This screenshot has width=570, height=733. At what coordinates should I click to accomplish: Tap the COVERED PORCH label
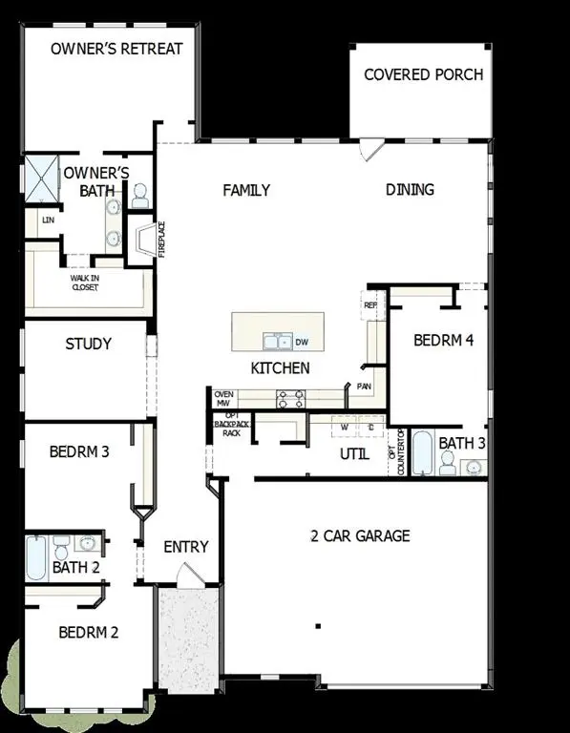pos(423,74)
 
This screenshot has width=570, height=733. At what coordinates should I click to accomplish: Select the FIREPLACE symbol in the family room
pos(143,240)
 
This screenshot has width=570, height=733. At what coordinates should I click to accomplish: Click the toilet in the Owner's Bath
pos(139,197)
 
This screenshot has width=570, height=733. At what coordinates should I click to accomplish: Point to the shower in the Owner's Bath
pos(43,178)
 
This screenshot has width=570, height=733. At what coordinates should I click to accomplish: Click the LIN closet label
pos(47,220)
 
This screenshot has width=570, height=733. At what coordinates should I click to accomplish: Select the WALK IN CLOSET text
pos(84,282)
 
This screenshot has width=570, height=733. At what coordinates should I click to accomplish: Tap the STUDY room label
pos(88,344)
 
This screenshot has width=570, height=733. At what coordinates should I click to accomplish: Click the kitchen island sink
pos(277,341)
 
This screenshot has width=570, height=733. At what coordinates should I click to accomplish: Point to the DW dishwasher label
pos(302,341)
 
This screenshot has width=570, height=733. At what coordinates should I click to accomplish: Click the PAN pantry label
pos(364,387)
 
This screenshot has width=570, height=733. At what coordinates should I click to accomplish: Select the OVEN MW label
pos(223,399)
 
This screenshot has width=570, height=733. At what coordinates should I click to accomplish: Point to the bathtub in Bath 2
pos(35,558)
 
